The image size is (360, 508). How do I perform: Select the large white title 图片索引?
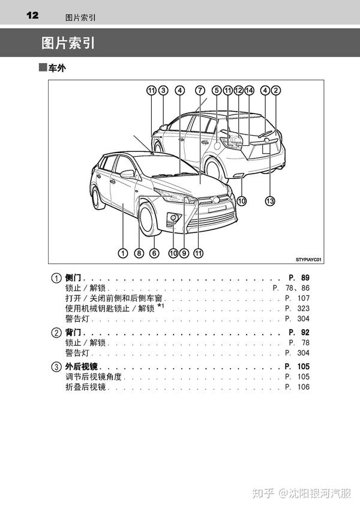click(x=67, y=43)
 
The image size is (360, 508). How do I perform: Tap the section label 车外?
click(x=56, y=68)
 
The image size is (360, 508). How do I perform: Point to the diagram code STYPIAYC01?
click(x=308, y=260)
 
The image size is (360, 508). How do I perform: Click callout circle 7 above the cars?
click(x=199, y=91)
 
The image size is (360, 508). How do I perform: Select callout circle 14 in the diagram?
click(x=249, y=91)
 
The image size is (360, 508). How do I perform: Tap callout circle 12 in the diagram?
click(x=238, y=91)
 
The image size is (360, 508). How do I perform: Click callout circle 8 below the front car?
click(x=139, y=253)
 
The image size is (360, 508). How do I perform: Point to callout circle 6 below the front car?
click(x=154, y=253)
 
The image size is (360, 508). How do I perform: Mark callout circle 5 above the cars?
click(x=217, y=91)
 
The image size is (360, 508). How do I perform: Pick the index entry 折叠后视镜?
click(x=85, y=387)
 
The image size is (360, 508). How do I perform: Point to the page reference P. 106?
click(x=298, y=387)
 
